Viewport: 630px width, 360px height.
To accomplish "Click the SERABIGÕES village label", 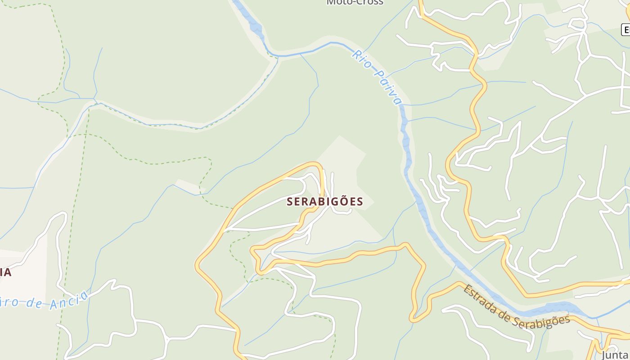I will pyautogui.click(x=325, y=202).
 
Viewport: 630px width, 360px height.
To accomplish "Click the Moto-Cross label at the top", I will pyautogui.click(x=355, y=2).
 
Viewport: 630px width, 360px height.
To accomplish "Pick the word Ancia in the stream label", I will pyautogui.click(x=69, y=300).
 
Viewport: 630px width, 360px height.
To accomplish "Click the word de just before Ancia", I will pyautogui.click(x=37, y=303).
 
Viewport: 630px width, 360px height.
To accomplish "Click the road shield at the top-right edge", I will pyautogui.click(x=625, y=30).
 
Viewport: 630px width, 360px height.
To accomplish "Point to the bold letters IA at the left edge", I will pyautogui.click(x=5, y=272).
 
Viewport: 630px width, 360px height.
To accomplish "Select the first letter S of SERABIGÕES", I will pyautogui.click(x=290, y=202).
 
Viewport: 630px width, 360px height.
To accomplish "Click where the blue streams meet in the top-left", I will pyautogui.click(x=95, y=99).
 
